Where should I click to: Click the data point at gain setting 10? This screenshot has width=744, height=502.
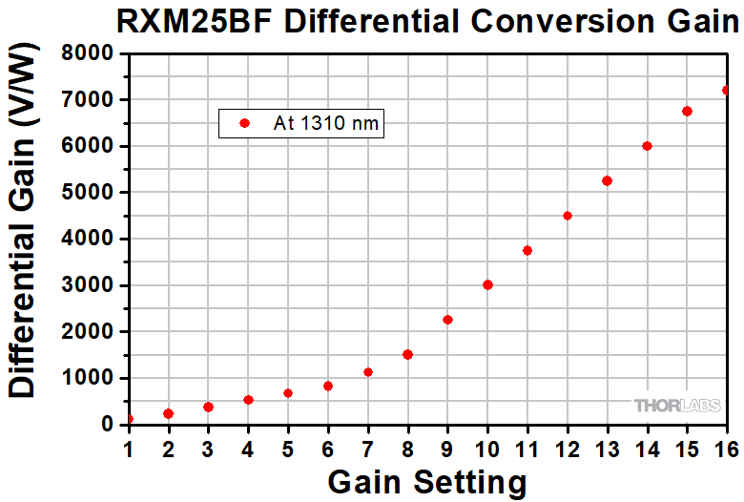pos(487,284)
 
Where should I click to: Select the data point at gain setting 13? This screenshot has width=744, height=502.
pos(607,180)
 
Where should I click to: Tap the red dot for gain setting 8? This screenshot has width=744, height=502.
pos(407,354)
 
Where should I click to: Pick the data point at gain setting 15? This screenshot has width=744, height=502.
pos(687,111)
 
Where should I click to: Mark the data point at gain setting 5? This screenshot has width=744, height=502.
pos(288,392)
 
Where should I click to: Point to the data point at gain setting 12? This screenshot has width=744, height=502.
pos(568,216)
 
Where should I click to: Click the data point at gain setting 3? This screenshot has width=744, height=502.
pos(208,407)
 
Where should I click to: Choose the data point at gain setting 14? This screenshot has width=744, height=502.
pos(647,146)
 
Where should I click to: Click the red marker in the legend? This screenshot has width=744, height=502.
pos(243,123)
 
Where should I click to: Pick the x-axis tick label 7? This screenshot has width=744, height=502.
pos(368,446)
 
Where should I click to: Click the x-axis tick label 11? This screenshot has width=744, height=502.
pos(527,446)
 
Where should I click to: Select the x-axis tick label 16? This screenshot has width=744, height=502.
pos(727,446)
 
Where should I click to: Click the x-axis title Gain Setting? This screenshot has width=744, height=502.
pos(426,480)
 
